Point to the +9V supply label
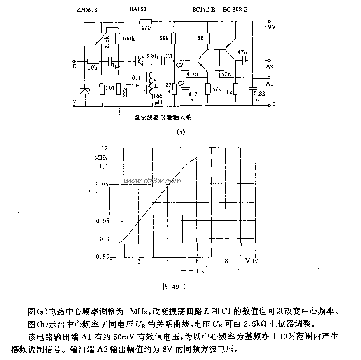pos(270,27)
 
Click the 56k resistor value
pos(165,38)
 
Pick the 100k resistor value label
pos(128,39)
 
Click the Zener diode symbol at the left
pos(84,91)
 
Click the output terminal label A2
pos(270,66)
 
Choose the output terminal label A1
pos(270,83)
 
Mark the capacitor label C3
pos(181,84)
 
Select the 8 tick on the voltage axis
pos(226,261)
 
